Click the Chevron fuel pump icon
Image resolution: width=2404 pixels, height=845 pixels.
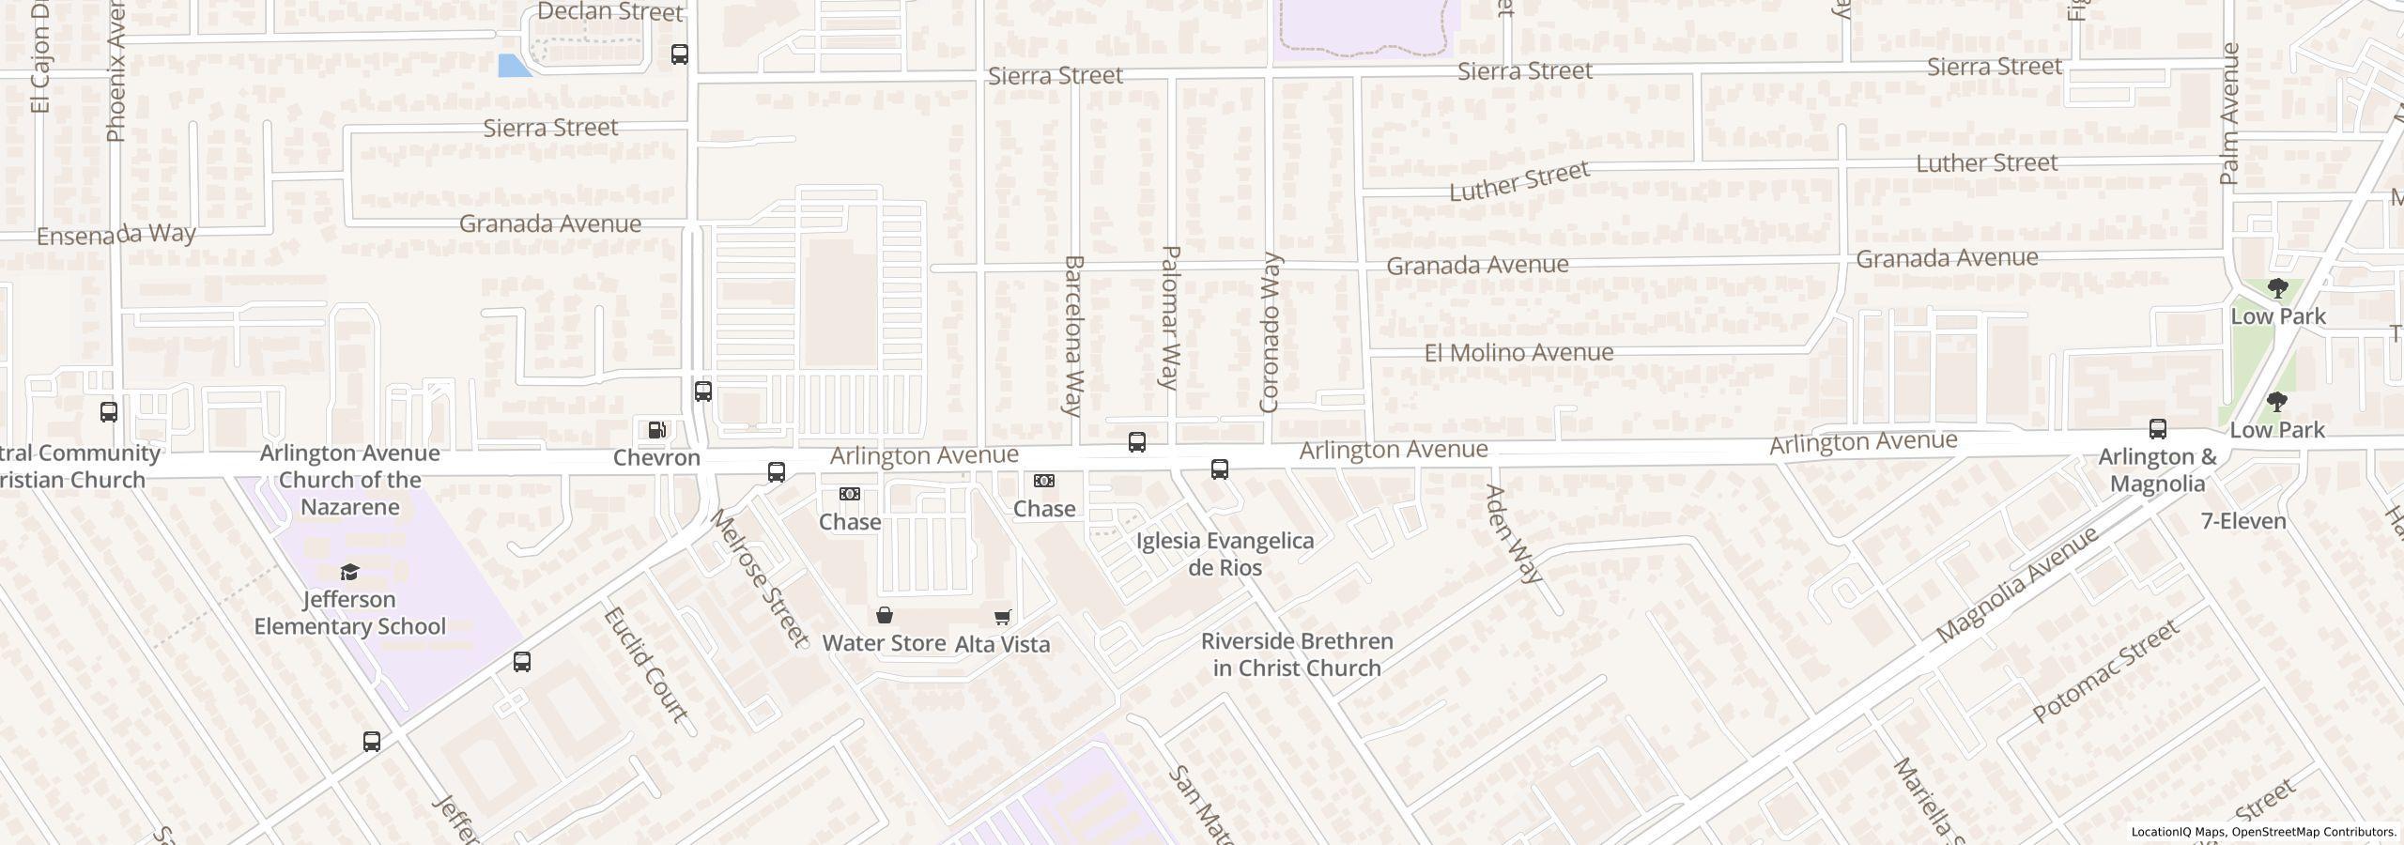click(657, 430)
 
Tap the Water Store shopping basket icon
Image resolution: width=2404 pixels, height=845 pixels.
click(884, 616)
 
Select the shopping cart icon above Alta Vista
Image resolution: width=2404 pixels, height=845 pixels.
click(1002, 617)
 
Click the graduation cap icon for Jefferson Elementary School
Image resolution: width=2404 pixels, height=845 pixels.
click(349, 572)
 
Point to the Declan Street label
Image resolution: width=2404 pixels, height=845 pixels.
click(610, 12)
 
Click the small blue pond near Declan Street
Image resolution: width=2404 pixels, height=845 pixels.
click(513, 66)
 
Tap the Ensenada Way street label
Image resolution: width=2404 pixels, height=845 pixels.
click(116, 234)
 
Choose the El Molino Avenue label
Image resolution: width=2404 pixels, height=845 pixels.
click(1518, 353)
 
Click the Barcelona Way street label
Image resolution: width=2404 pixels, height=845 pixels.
click(1073, 335)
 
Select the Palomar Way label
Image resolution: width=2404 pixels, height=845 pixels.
click(1170, 317)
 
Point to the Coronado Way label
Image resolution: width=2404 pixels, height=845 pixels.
click(1270, 331)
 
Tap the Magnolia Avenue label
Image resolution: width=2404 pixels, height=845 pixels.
click(2017, 584)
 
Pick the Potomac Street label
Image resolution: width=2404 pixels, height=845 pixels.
click(2104, 670)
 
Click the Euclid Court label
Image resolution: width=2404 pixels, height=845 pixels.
click(645, 664)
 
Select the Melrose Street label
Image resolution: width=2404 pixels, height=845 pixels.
click(759, 578)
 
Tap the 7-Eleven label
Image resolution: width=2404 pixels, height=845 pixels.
click(2243, 521)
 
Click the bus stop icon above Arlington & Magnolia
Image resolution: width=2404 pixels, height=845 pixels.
click(2158, 429)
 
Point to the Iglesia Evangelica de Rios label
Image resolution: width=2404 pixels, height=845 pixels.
click(1225, 554)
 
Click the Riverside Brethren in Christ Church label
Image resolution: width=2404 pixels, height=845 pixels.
click(1297, 654)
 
